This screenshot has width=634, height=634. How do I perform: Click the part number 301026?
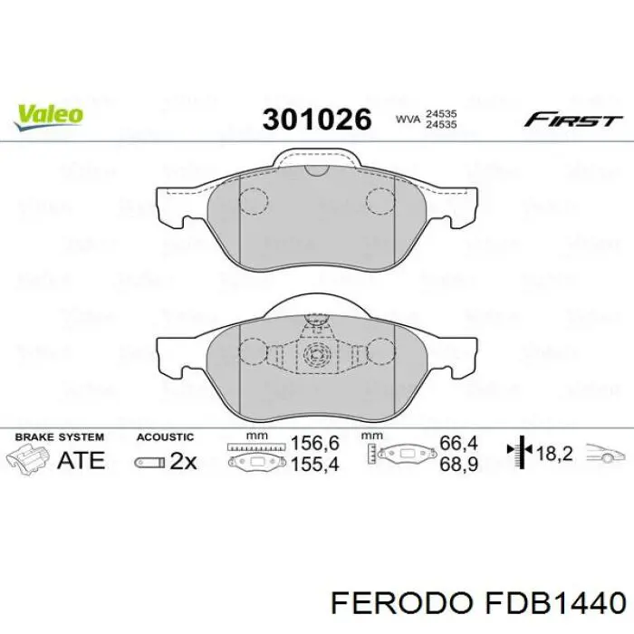(317, 119)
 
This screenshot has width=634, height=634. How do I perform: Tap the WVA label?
(407, 119)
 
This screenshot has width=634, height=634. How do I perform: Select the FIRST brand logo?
(574, 120)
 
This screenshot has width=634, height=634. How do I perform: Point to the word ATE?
(81, 460)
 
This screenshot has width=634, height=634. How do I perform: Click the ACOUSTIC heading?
(165, 437)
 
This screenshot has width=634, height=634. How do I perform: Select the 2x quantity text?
(182, 461)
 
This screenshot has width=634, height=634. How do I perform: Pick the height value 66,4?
(457, 445)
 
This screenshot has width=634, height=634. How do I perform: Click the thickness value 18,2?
(555, 455)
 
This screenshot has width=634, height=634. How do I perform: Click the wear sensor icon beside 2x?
(149, 462)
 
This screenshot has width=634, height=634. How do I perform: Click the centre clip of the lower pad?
(316, 350)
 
